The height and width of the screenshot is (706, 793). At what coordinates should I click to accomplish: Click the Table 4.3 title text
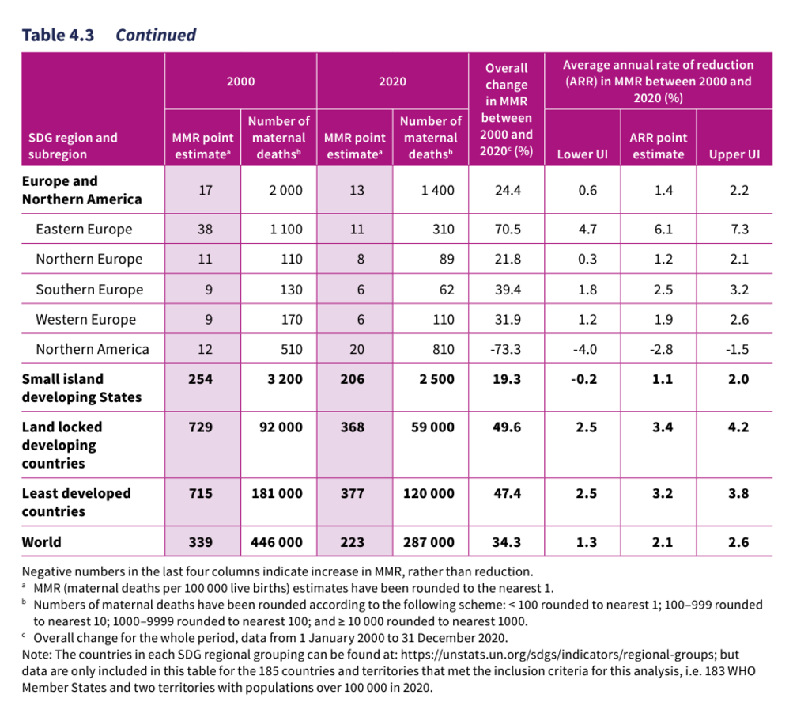click(x=108, y=35)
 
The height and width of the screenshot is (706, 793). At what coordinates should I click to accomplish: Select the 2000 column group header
click(x=240, y=82)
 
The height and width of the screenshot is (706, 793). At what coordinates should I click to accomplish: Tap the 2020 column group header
click(x=392, y=82)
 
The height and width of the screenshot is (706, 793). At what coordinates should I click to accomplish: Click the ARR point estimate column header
click(x=658, y=146)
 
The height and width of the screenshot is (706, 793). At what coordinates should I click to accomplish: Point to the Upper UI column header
click(x=734, y=154)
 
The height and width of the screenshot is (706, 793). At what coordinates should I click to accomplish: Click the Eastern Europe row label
click(x=84, y=230)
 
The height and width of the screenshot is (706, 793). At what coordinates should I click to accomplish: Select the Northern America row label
click(x=92, y=349)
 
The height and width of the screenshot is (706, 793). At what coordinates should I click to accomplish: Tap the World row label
click(x=42, y=542)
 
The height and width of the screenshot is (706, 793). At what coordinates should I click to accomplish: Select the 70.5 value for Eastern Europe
click(x=507, y=230)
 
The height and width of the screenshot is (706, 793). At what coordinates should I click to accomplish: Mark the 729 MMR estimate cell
click(x=201, y=427)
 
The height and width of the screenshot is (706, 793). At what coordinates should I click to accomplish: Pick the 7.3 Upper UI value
click(x=739, y=230)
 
